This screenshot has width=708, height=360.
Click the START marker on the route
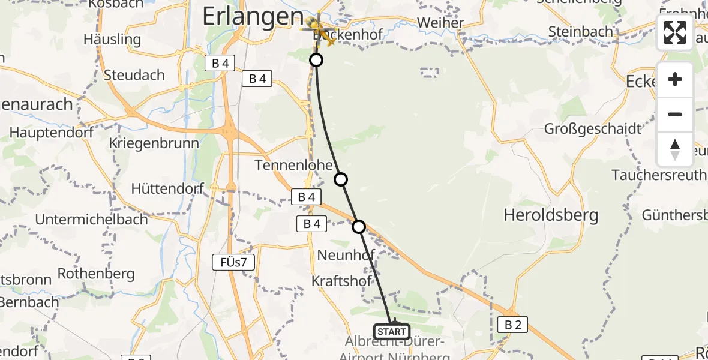[392, 331]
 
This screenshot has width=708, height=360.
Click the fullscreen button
[675, 32]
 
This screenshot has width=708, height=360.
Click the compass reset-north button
[675, 149]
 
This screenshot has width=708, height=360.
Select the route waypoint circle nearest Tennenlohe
[341, 179]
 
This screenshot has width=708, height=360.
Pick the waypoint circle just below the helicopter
[316, 60]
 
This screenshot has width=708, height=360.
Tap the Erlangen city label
[253, 16]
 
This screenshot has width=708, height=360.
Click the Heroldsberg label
[551, 215]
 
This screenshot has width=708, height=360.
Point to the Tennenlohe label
[289, 164]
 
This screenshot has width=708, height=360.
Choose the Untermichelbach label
[91, 219]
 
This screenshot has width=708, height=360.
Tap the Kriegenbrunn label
[154, 144]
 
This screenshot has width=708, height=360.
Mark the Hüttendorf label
[168, 188]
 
